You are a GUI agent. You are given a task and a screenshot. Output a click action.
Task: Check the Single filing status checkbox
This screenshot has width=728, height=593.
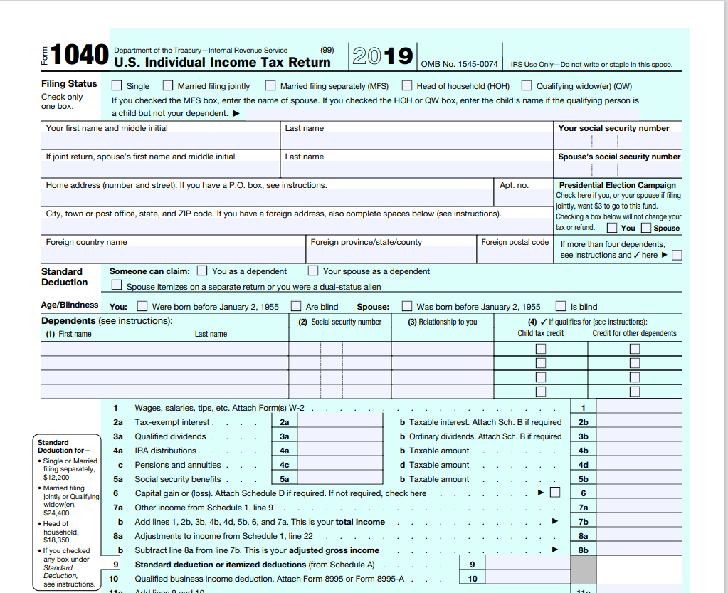[x=117, y=85]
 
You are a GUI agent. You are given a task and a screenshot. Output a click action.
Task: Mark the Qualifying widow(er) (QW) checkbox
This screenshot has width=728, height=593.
[x=527, y=85]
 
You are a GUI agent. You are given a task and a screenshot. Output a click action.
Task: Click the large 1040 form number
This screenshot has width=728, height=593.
[x=80, y=55]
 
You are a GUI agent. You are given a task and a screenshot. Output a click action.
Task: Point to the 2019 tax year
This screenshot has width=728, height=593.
[x=383, y=56]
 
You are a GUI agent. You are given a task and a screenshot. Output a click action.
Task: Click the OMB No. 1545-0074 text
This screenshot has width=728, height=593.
[x=459, y=64]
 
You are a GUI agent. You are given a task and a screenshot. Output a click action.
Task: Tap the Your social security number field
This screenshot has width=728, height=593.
[x=617, y=142]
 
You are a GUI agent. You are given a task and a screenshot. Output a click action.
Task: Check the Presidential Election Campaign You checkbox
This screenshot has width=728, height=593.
[x=612, y=228]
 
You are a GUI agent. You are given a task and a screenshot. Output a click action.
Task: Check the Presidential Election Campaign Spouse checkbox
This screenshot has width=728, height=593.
[x=646, y=228]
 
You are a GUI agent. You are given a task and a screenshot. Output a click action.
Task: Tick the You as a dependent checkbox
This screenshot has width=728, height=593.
[x=202, y=271]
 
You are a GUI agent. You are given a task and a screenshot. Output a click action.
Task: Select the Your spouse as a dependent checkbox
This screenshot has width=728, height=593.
[x=313, y=271]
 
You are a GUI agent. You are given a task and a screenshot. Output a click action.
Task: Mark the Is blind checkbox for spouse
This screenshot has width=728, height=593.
[x=561, y=306]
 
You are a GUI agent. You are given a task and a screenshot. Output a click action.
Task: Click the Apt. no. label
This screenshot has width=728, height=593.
[x=514, y=185]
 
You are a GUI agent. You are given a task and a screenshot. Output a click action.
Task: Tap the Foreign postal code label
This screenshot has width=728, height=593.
[x=515, y=242]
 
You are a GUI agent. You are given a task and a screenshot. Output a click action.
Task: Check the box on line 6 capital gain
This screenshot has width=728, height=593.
[x=555, y=493]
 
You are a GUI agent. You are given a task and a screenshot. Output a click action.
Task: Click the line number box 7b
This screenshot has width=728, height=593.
[x=584, y=522]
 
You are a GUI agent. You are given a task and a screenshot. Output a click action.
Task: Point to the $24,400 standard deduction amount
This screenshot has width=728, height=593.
[x=56, y=513]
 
